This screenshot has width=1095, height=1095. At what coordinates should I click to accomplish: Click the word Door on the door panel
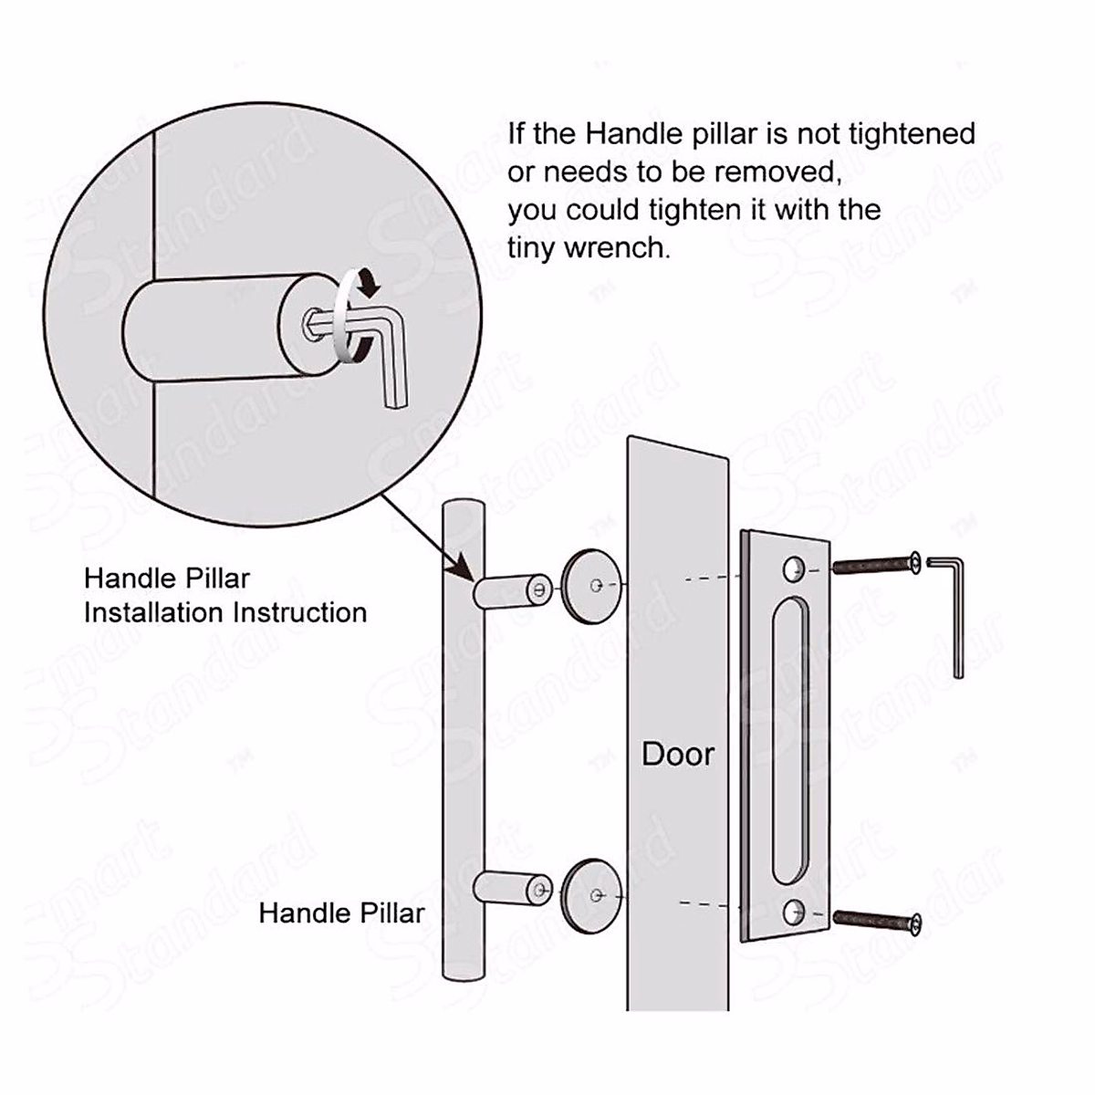click(x=678, y=754)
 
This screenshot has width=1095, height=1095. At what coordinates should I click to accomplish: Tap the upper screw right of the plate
click(x=877, y=567)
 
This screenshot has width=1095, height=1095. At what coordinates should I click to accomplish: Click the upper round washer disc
click(x=590, y=583)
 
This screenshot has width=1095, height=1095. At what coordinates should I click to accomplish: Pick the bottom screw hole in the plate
click(x=792, y=911)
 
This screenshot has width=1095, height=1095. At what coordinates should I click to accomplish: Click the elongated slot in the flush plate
click(x=790, y=740)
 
